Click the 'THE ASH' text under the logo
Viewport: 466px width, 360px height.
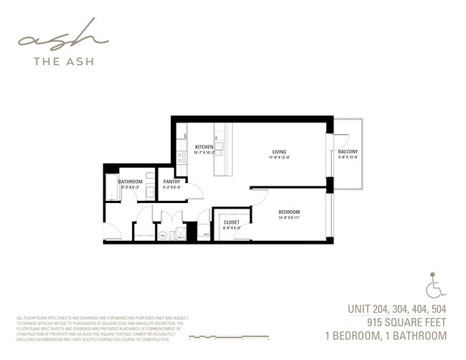(62, 61)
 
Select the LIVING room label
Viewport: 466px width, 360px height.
(279, 151)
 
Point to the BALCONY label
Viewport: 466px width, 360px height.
(348, 151)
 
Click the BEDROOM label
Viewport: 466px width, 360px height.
(289, 212)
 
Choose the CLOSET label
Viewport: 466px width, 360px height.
(232, 222)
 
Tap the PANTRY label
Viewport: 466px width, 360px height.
(171, 181)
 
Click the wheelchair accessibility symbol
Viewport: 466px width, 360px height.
(434, 285)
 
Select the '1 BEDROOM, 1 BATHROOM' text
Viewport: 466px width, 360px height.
(386, 335)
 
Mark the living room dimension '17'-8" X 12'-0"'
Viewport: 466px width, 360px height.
(279, 158)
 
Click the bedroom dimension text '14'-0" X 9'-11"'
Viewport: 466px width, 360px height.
(289, 218)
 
